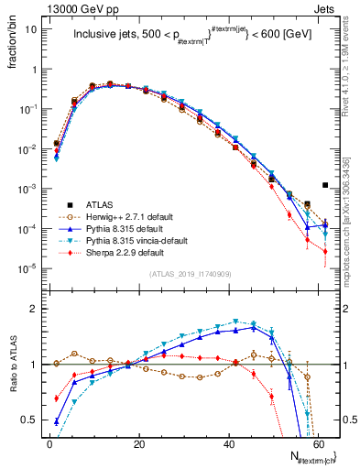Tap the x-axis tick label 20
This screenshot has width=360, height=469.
[140, 442]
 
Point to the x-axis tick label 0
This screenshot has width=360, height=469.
[49, 442]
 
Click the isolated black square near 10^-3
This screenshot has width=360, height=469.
[324, 185]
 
